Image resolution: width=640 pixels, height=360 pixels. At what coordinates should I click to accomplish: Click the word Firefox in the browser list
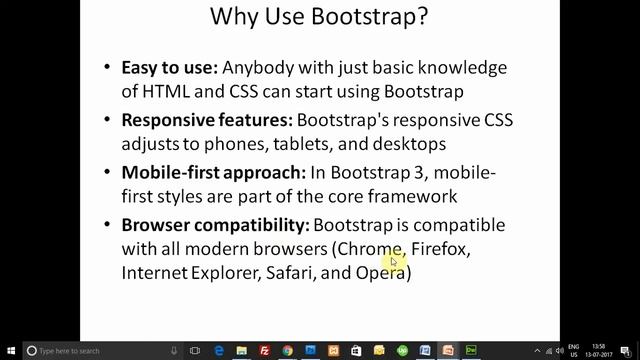coord(440,249)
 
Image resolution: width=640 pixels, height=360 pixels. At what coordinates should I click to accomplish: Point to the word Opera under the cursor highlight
coord(379,273)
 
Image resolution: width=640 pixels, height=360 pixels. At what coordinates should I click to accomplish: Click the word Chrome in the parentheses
coord(369,249)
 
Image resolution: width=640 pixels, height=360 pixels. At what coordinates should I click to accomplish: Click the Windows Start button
coord(8,351)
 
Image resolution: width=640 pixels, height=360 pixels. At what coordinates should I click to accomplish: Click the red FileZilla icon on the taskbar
coord(265,351)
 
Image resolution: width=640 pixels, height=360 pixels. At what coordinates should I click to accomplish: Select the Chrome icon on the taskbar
coord(288,351)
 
